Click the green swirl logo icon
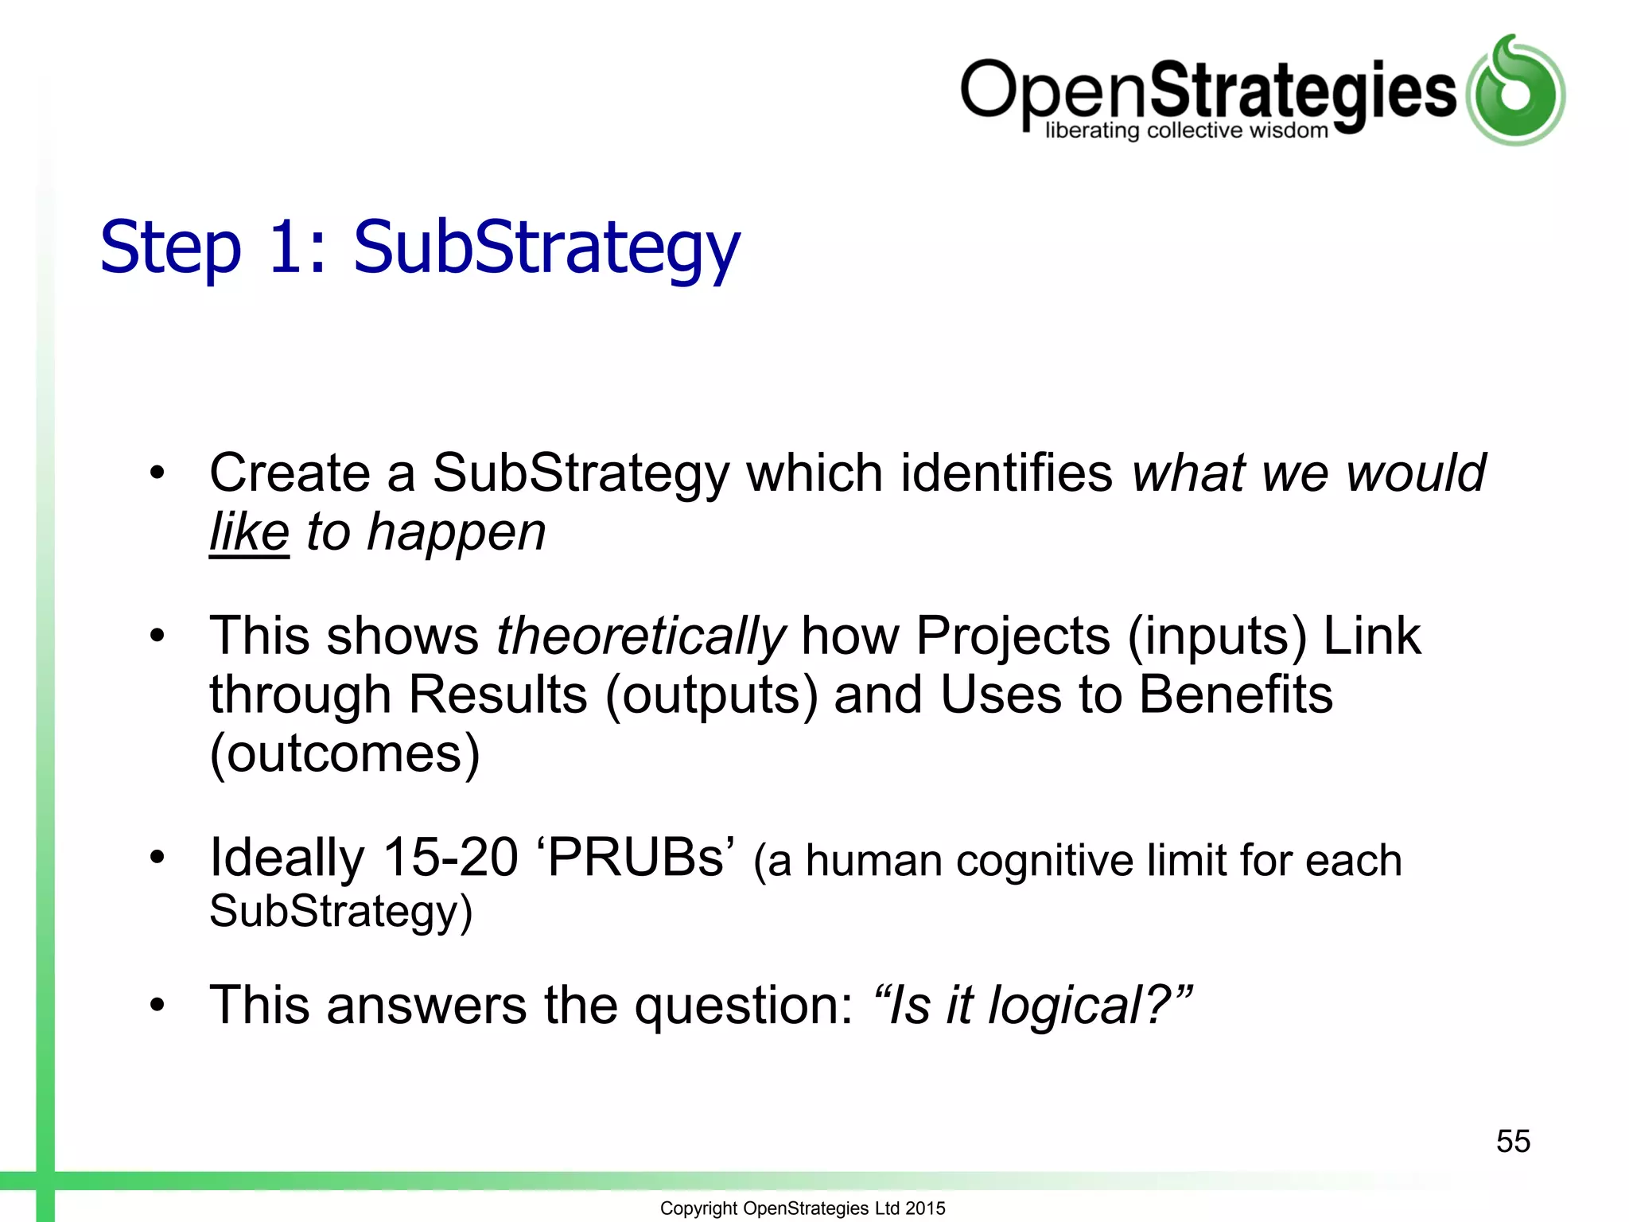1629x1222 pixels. [x=1515, y=91]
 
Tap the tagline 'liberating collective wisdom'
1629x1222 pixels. [x=1186, y=130]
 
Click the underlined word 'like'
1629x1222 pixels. [x=249, y=532]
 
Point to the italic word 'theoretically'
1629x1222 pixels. [x=640, y=636]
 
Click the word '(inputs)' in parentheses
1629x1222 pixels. [x=1217, y=636]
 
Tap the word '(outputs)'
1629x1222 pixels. [x=712, y=695]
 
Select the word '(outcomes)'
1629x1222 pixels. [x=344, y=753]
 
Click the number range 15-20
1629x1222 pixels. [x=450, y=858]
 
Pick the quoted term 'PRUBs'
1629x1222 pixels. [x=636, y=858]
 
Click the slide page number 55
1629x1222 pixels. [x=1513, y=1141]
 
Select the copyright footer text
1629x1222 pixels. [x=803, y=1208]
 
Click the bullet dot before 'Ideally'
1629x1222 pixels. [x=157, y=858]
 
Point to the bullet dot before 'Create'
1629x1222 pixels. [x=157, y=473]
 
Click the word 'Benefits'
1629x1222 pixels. [x=1235, y=695]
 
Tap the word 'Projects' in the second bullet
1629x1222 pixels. [x=1013, y=636]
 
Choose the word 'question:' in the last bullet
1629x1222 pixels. [x=743, y=1006]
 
